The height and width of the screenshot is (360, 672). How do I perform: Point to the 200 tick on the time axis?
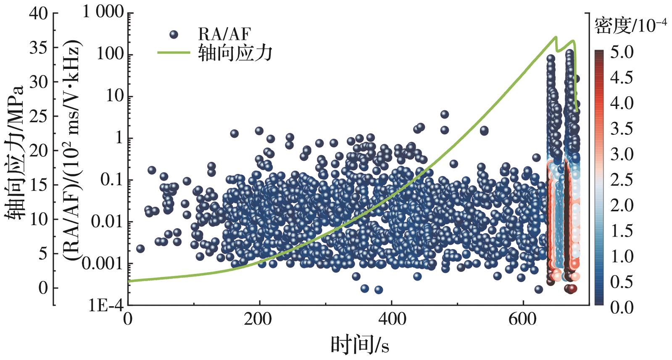(259, 320)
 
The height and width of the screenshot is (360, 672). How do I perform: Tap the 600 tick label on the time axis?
(522, 320)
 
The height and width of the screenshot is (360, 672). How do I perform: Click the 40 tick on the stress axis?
(38, 13)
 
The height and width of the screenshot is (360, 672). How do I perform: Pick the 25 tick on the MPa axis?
(38, 116)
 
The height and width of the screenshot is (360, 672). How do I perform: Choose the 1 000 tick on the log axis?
(103, 13)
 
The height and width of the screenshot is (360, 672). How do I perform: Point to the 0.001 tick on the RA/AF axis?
(103, 264)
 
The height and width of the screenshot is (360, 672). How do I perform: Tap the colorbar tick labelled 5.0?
(622, 52)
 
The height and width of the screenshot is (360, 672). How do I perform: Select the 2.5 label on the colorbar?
(622, 180)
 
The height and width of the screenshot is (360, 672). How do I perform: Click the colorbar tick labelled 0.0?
(622, 307)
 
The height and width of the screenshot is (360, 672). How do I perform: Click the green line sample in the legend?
(173, 53)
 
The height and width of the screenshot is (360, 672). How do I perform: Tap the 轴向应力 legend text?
(235, 53)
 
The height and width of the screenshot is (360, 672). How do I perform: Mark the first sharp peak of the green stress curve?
(556, 37)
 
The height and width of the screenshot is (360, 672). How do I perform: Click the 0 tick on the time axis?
(128, 320)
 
